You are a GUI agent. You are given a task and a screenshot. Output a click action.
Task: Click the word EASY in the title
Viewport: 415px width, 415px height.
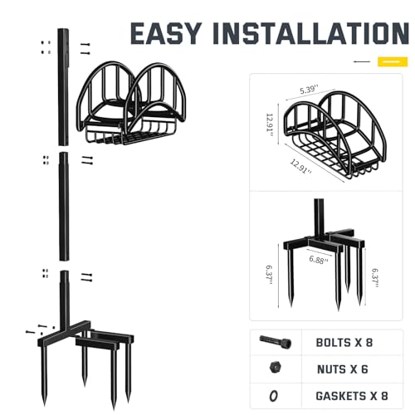click(x=166, y=33)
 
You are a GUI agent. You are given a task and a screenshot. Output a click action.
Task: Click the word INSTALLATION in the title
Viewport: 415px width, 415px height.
click(x=311, y=33)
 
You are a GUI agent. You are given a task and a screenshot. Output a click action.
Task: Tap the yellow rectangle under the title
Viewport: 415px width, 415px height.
click(x=393, y=61)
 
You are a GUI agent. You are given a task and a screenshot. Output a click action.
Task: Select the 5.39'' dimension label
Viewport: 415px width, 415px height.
click(x=309, y=90)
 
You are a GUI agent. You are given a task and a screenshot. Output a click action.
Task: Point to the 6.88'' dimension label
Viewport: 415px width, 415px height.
click(x=319, y=260)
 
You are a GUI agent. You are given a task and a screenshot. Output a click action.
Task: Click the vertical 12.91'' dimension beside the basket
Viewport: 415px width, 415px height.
click(x=270, y=126)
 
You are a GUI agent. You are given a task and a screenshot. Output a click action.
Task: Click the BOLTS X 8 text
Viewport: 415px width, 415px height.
click(x=344, y=343)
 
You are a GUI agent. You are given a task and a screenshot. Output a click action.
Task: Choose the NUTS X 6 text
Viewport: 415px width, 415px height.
click(x=343, y=369)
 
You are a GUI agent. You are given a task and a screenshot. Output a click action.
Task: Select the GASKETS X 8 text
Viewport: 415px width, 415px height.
click(x=352, y=396)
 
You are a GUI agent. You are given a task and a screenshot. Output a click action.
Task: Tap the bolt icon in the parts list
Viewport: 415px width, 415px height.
click(x=276, y=342)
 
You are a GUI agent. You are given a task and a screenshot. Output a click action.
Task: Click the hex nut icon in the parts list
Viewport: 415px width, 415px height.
click(x=276, y=368)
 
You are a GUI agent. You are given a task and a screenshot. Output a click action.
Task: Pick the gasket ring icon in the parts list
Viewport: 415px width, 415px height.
click(x=273, y=396)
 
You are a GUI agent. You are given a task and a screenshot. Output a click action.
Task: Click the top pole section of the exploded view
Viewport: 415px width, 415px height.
click(x=63, y=86)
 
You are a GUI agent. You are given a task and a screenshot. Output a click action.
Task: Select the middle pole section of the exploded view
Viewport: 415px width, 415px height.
click(x=64, y=206)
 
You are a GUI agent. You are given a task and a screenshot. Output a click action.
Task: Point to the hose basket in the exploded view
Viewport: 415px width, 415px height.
click(x=131, y=103)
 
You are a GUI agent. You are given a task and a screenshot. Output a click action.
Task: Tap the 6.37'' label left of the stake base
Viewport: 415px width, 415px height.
click(x=270, y=275)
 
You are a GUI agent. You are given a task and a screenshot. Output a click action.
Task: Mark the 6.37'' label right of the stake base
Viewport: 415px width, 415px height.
click(x=375, y=278)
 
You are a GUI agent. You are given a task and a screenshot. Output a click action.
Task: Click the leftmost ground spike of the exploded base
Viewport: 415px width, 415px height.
click(x=44, y=375)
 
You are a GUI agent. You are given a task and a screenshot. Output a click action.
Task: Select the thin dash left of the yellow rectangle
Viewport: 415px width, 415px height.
click(x=362, y=61)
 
